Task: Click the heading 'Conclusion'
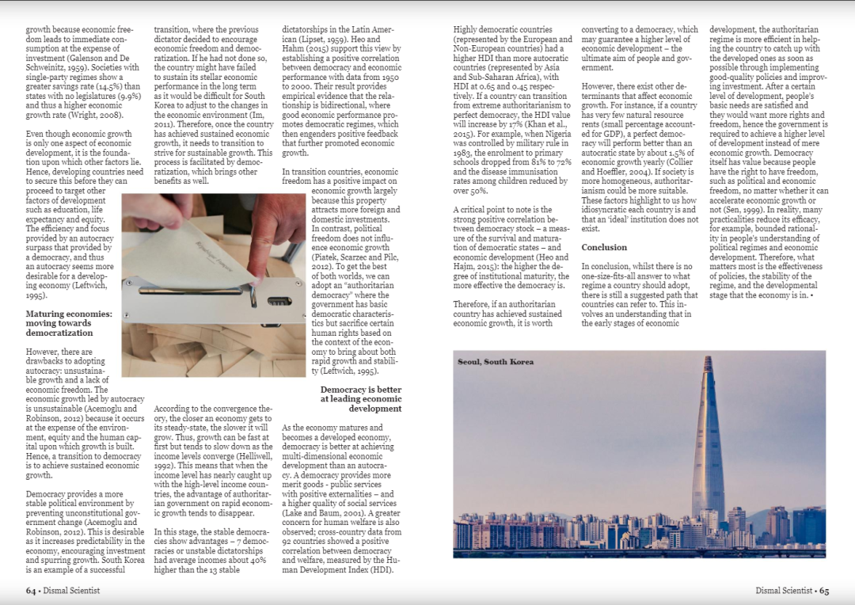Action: tap(604, 247)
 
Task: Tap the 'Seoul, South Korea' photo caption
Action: tap(496, 362)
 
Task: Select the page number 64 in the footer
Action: tap(32, 590)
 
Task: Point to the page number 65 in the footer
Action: tap(823, 590)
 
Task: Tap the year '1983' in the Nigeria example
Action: tap(464, 153)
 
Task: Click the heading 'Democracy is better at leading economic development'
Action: tap(361, 399)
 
